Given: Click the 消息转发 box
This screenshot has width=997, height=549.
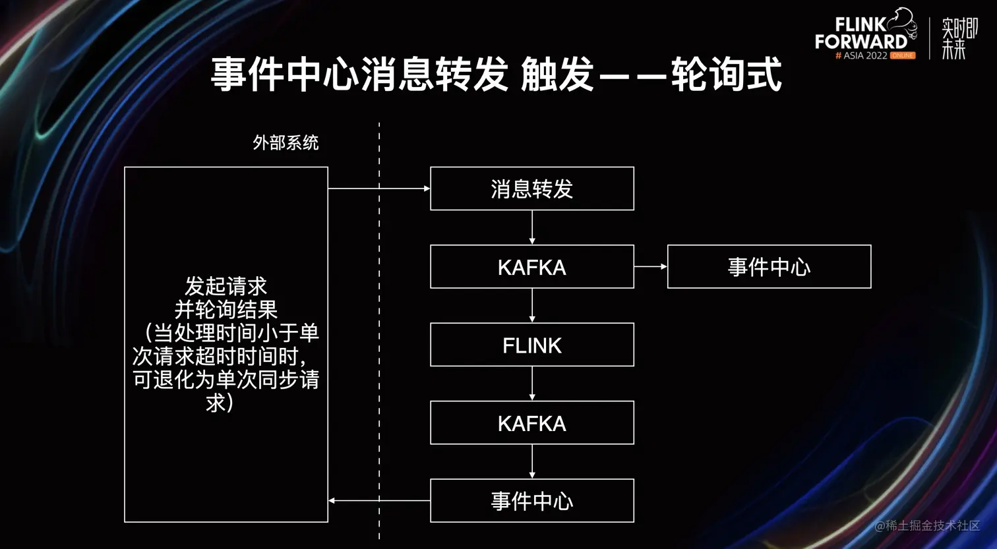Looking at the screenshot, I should click(x=531, y=188).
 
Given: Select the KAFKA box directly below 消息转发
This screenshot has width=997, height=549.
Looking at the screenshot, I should click(x=531, y=266).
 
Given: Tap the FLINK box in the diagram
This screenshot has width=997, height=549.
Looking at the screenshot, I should click(x=531, y=345).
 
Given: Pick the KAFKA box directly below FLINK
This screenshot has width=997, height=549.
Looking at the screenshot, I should click(x=531, y=422).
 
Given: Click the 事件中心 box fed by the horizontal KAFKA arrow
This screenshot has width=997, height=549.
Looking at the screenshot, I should click(x=769, y=266).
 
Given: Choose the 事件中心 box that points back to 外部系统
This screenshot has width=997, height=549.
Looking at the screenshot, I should click(x=531, y=500).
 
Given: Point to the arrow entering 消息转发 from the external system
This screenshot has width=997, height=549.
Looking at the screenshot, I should click(x=378, y=188).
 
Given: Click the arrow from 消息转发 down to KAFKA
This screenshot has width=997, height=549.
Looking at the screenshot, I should click(x=532, y=227).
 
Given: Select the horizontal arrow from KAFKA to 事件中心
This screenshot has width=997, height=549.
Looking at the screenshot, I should click(x=650, y=266).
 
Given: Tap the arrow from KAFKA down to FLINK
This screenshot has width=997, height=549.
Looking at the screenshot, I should click(x=532, y=305).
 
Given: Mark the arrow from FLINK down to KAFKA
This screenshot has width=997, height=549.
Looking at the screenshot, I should click(x=532, y=384).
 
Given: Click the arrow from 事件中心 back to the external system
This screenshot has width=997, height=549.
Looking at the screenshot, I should click(x=378, y=501).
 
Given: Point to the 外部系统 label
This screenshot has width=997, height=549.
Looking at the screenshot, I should click(x=286, y=142).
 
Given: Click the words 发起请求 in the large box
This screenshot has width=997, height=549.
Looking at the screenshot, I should click(x=226, y=287).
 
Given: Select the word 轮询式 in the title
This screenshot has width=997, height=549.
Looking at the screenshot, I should click(x=726, y=74).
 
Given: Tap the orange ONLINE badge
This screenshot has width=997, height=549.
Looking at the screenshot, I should click(x=902, y=55).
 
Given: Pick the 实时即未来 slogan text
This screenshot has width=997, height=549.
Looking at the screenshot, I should click(x=959, y=38).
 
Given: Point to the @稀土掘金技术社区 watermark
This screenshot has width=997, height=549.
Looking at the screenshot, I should click(x=927, y=525).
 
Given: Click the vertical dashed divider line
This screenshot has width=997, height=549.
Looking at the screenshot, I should click(x=379, y=330).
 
